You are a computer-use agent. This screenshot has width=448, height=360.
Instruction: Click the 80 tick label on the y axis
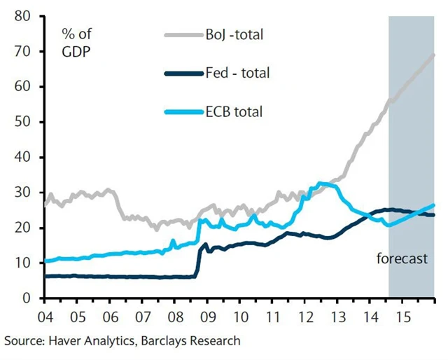22,15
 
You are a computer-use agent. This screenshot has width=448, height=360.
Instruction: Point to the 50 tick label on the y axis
22,122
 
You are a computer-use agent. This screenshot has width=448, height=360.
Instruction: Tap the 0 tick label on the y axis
26,298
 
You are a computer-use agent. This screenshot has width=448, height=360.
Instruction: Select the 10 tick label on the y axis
22,263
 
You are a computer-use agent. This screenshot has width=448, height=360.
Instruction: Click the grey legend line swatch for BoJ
183,34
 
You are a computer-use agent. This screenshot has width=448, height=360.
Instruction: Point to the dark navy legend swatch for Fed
183,72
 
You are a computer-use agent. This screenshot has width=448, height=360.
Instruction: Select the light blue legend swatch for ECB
183,111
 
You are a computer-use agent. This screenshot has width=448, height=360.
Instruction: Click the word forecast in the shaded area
401,258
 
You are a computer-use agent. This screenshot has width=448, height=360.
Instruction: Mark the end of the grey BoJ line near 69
434,55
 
